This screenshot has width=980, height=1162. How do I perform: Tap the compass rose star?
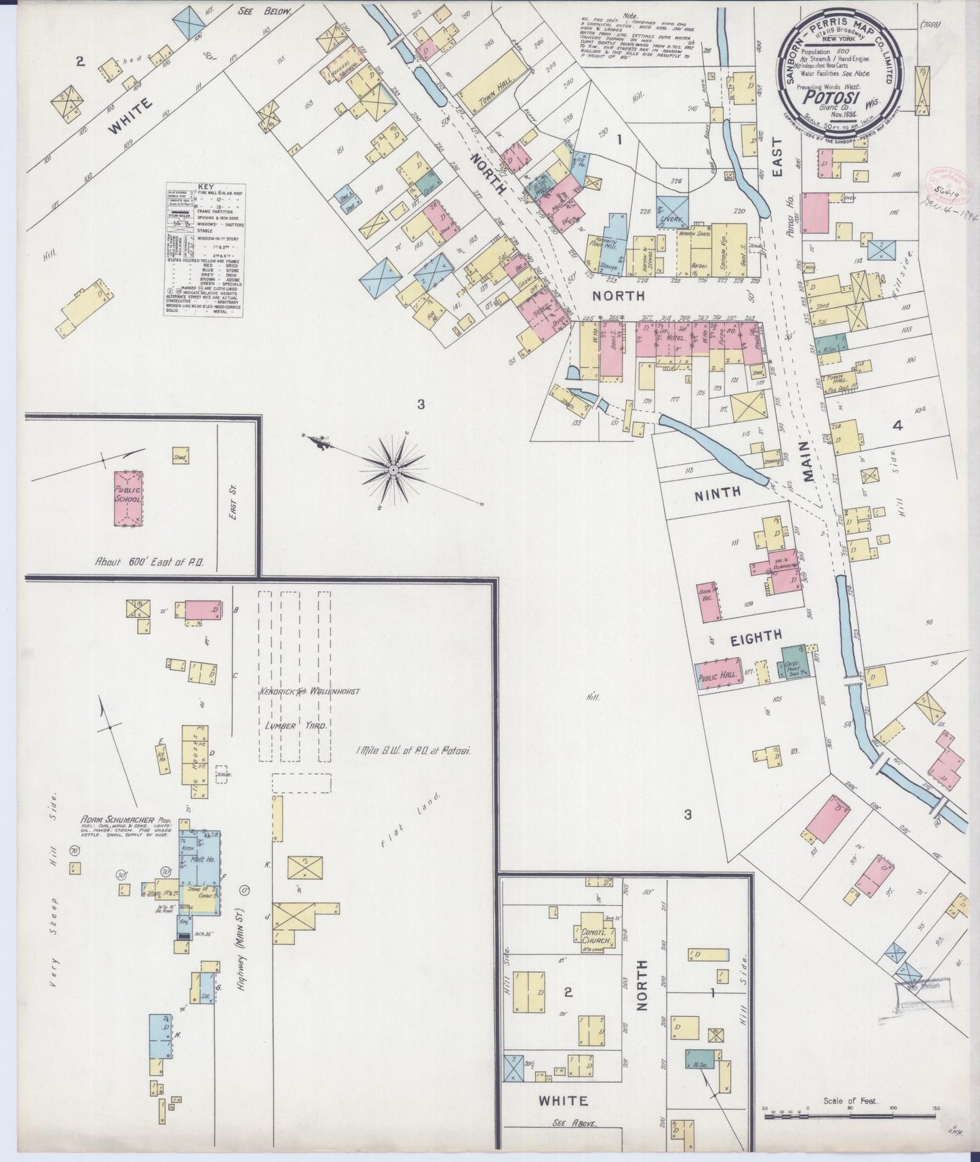tap(393, 468)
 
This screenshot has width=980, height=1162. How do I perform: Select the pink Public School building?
tap(128, 499)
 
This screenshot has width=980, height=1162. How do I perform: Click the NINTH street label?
tap(718, 494)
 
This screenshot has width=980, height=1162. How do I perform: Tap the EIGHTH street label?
tap(756, 636)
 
